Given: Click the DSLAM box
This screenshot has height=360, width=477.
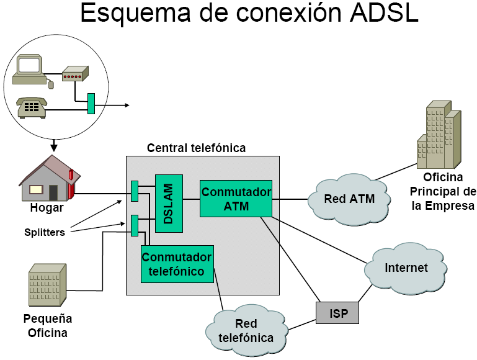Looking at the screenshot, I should tap(169, 203).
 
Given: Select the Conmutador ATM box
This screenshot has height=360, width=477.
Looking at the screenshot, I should tap(236, 199).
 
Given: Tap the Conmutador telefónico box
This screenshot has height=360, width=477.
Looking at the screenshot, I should tap(177, 264).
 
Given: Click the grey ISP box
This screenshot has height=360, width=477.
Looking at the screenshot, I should tap(337, 312).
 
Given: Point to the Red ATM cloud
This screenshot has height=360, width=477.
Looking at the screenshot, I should tap(350, 199).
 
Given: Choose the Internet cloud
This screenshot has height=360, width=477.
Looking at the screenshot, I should tap(406, 268).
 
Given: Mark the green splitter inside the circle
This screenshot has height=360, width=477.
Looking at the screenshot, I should tap(91, 103).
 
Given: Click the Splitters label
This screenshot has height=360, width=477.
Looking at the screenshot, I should tap(44, 233).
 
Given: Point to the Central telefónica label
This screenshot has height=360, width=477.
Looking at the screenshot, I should tap(196, 148).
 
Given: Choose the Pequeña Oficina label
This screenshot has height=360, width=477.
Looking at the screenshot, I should tap(48, 326).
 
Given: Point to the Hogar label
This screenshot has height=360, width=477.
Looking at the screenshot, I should tap(47, 208).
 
